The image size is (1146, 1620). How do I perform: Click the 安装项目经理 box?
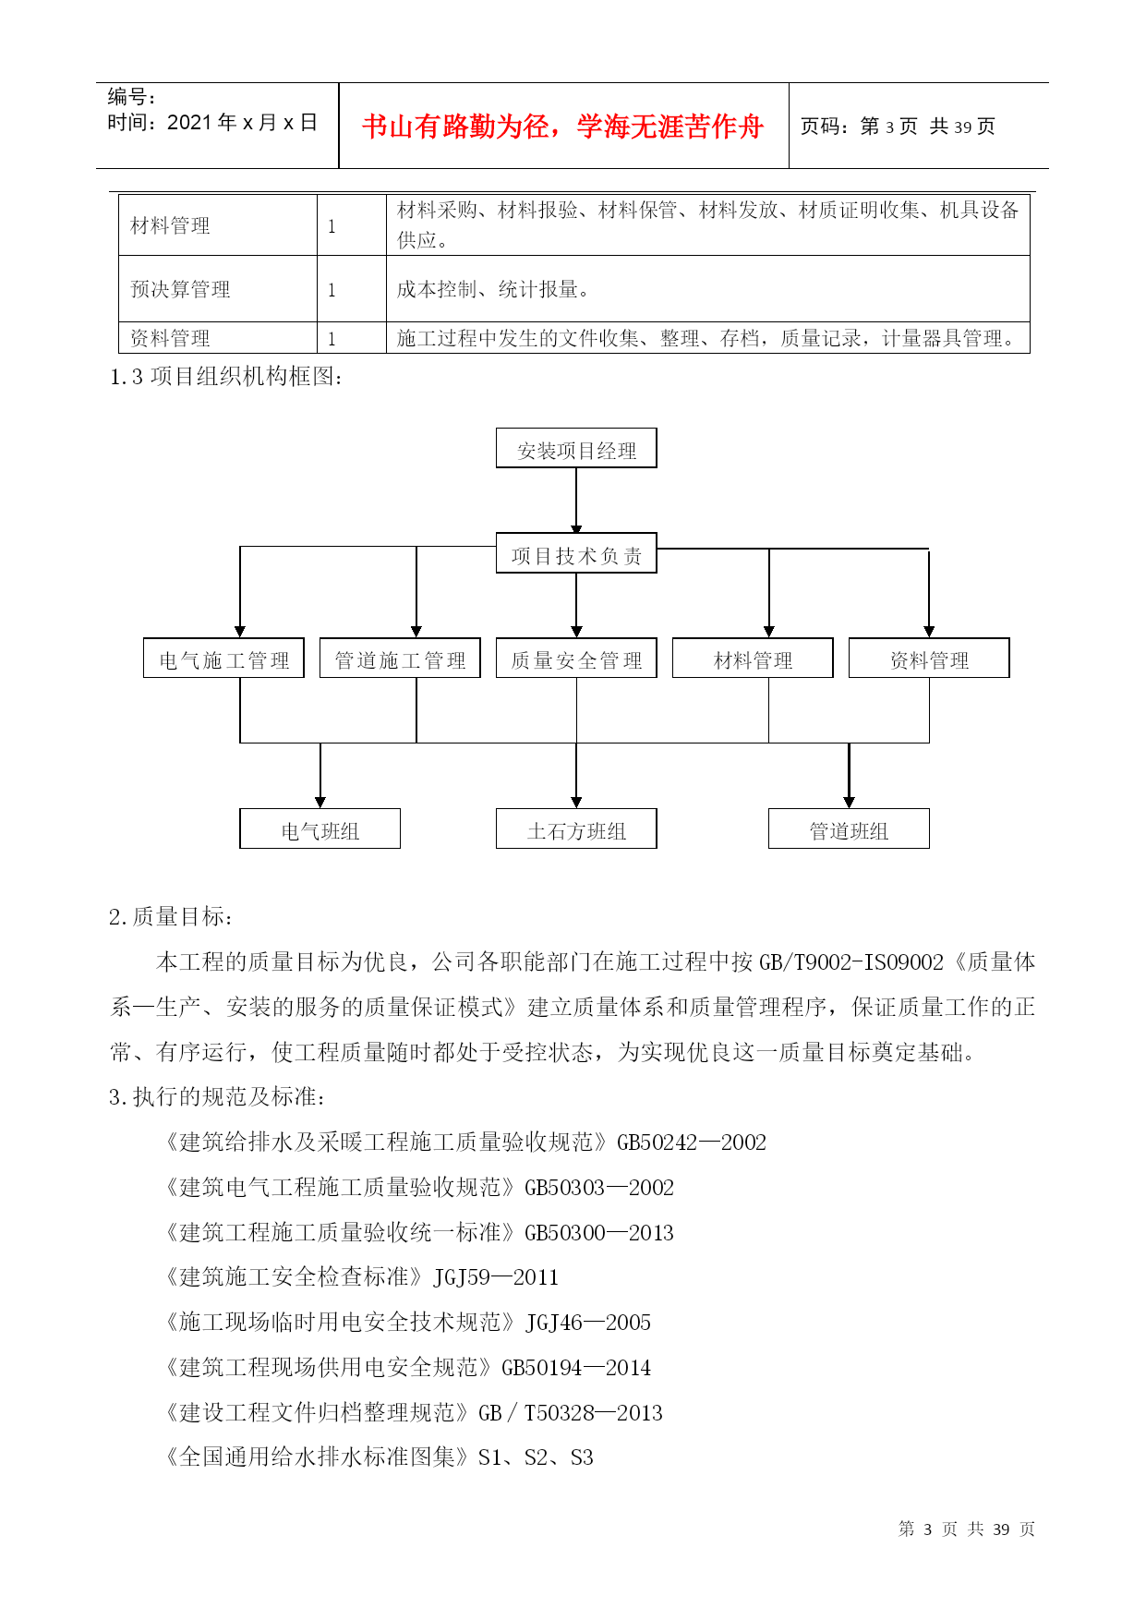pyautogui.click(x=576, y=448)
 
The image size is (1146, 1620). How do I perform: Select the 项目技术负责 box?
pyautogui.click(x=576, y=553)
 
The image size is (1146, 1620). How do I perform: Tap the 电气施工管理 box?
pyautogui.click(x=223, y=658)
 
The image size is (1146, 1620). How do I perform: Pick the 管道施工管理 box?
pyautogui.click(x=400, y=658)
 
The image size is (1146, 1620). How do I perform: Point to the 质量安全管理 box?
pyautogui.click(x=576, y=658)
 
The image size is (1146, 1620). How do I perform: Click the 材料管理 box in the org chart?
pyautogui.click(x=753, y=658)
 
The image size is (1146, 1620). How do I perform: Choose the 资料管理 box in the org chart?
pyautogui.click(x=929, y=658)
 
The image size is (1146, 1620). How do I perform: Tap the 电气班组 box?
pyautogui.click(x=320, y=828)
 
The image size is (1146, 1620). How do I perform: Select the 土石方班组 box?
pyautogui.click(x=576, y=828)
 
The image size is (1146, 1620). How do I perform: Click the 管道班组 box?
pyautogui.click(x=849, y=828)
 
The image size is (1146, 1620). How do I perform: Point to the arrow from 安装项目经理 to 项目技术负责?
pyautogui.click(x=576, y=501)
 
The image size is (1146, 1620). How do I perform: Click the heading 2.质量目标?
pyautogui.click(x=172, y=916)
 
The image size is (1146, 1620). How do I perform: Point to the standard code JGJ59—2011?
pyautogui.click(x=496, y=1277)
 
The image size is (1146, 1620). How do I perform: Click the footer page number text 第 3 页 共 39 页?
pyautogui.click(x=967, y=1529)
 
